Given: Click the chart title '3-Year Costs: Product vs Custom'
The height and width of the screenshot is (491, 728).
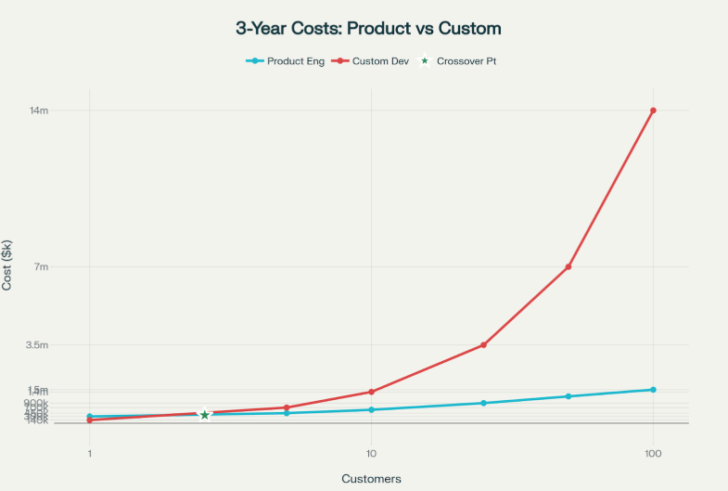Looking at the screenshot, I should click(368, 29).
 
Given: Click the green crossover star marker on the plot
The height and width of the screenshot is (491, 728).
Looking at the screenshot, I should click(204, 414).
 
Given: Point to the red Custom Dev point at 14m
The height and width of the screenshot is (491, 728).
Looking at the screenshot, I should click(653, 110).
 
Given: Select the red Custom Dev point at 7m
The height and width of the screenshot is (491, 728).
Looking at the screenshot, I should click(568, 267).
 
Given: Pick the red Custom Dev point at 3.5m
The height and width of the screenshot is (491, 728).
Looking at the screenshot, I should click(483, 345).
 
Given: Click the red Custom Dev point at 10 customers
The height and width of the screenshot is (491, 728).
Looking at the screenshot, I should click(371, 392).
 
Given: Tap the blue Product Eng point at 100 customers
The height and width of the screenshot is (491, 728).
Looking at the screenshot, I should click(653, 390).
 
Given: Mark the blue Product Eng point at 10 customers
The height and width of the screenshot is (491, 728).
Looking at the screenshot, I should click(371, 409).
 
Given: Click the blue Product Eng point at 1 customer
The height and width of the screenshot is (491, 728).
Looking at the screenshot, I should click(89, 417).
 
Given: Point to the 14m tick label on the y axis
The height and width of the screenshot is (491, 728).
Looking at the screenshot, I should click(64, 111).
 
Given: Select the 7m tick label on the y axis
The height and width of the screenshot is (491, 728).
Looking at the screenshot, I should click(67, 267).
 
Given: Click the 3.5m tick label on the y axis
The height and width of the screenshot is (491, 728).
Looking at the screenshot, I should click(62, 345).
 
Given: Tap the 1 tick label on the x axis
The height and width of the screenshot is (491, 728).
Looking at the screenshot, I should click(89, 454).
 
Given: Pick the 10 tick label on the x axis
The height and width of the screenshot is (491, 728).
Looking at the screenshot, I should click(371, 454).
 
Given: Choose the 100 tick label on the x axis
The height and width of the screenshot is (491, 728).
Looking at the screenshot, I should click(653, 454).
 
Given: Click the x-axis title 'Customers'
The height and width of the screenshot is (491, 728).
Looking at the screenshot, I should click(371, 479).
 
